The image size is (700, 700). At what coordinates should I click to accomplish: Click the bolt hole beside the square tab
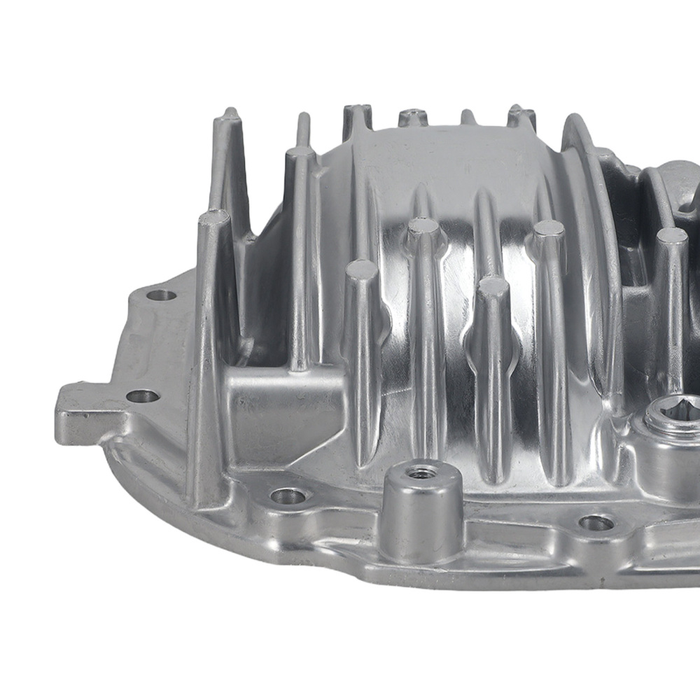point(143,396)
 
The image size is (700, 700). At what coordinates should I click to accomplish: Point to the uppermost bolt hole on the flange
point(162,295)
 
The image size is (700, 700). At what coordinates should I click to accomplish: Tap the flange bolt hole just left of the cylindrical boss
point(288,497)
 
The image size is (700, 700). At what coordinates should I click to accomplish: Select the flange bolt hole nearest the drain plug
point(597,522)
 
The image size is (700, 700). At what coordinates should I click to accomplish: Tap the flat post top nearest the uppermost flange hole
point(215,216)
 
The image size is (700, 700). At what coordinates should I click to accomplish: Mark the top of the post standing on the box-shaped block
point(300,153)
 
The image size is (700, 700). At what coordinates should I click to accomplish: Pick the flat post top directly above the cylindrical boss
point(423,226)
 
